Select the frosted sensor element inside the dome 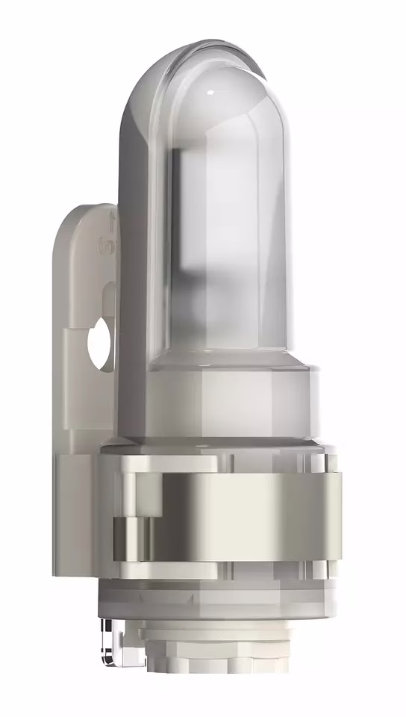[224, 246]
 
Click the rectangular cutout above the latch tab [142, 489]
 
